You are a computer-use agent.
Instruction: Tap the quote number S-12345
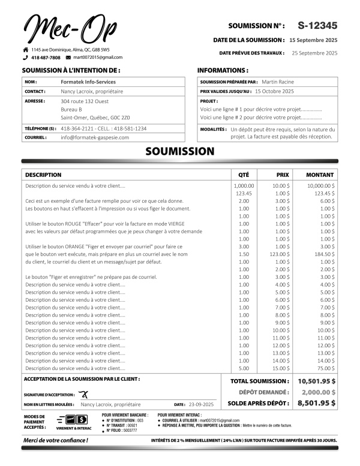pos(317,25)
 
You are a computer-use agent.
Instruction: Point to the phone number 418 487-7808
pos(46,58)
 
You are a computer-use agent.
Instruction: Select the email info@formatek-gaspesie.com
pos(95,137)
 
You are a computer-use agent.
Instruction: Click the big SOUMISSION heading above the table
pos(179,152)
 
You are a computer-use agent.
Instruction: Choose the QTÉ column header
pos(244,175)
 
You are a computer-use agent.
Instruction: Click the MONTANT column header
pos(320,175)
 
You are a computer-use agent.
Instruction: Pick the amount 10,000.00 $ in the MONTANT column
pos(321,186)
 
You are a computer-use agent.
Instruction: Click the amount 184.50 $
pos(325,254)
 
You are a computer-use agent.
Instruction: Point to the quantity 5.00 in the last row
pos(244,368)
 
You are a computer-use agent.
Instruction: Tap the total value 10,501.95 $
pos(316,381)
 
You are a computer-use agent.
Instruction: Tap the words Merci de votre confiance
pos(55,440)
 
